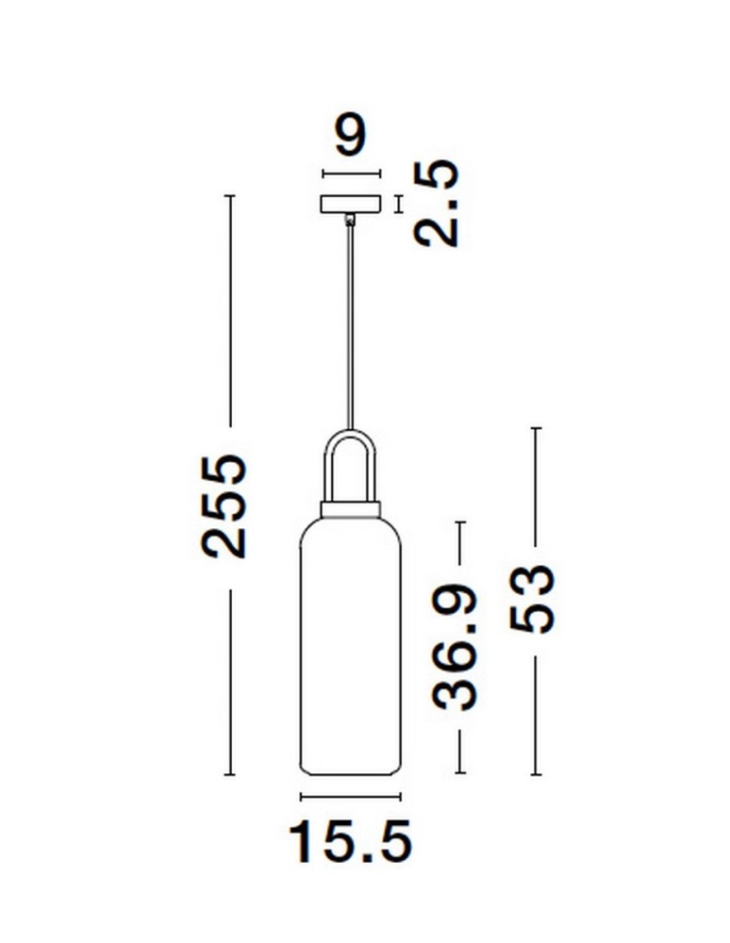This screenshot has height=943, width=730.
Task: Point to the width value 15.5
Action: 351,841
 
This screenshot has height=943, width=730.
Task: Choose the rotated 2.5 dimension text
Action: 437,204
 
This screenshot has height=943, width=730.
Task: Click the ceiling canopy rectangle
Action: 351,204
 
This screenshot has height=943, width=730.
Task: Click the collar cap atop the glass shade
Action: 351,509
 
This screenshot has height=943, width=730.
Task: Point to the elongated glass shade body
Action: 350,651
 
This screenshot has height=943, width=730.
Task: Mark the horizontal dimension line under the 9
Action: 351,174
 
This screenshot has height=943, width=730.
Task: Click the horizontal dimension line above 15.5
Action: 350,797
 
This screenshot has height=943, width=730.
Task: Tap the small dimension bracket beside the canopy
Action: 399,204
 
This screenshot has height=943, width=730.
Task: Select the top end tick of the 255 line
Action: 228,195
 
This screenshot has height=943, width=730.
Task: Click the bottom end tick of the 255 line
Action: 228,774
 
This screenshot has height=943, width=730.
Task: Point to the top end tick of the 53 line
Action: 536,428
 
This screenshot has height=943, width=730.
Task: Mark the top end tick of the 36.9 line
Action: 460,521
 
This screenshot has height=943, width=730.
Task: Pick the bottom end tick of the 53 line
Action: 536,774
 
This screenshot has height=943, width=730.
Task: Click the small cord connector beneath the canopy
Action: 351,221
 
